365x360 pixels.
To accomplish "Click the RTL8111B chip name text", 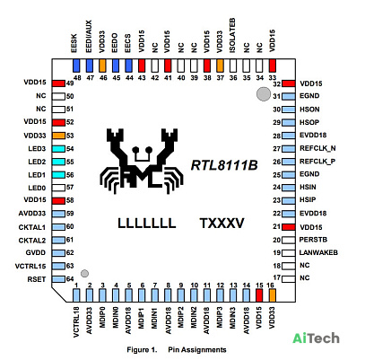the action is [224, 165].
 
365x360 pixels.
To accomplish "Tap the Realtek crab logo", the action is [142, 161].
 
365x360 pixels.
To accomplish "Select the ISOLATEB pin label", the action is [232, 36].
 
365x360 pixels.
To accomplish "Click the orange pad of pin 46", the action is [103, 66].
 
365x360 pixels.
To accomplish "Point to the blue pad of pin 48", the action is [77, 66].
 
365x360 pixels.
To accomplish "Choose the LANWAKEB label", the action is [318, 252].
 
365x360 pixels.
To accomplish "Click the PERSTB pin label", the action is [313, 240].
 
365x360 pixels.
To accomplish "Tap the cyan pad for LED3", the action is [58, 149].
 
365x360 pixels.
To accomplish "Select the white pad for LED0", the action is [58, 188].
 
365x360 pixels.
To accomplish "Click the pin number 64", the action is [70, 279].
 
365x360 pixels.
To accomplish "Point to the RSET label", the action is [37, 279].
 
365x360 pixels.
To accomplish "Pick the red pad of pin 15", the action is [259, 295].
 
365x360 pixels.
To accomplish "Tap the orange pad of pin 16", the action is [273, 295].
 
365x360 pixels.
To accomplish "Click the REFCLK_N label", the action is [317, 148].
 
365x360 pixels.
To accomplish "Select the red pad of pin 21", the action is [289, 227].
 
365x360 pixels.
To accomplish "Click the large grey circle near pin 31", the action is [264, 94].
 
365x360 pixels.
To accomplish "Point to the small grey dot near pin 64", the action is [85, 273].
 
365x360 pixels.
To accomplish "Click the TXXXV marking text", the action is [222, 224].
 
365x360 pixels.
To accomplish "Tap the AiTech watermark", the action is [316, 338].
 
